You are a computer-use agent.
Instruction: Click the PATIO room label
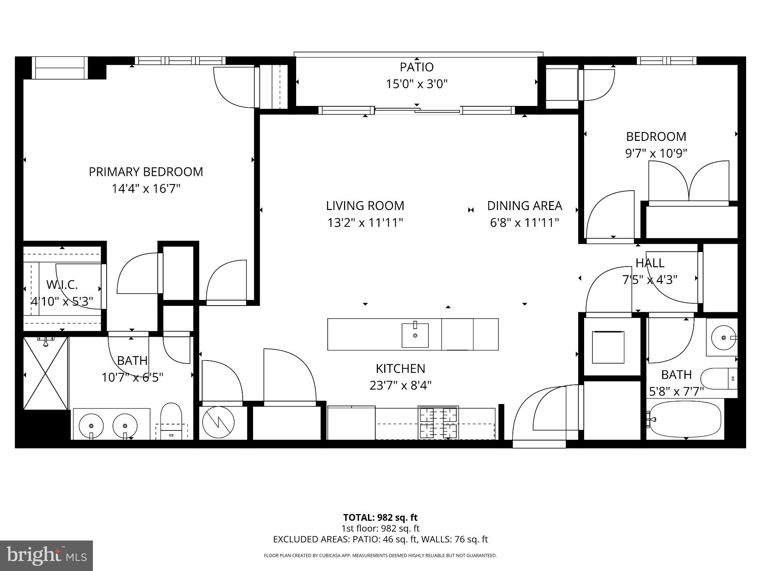[417, 67]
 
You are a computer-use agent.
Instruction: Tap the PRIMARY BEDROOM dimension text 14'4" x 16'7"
[146, 189]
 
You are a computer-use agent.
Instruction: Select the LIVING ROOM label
[365, 206]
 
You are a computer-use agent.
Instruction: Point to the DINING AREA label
[524, 206]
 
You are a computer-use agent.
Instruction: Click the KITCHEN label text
[400, 368]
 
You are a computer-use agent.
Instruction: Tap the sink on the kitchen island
[415, 335]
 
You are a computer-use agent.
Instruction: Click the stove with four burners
[438, 423]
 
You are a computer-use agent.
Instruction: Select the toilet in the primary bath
[171, 420]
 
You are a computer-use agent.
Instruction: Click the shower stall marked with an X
[46, 373]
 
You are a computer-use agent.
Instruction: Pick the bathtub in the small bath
[686, 420]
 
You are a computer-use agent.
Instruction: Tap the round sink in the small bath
[723, 338]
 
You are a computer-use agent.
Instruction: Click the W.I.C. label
[62, 285]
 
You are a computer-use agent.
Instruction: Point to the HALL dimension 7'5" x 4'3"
[650, 280]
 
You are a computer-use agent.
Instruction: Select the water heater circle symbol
[218, 422]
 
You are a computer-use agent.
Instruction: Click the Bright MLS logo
[46, 555]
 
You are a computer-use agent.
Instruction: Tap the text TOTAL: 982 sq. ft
[380, 517]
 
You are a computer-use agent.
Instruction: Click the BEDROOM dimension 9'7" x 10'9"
[656, 153]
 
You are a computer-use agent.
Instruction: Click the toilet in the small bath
[719, 379]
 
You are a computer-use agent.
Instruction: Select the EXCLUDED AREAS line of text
[380, 539]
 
